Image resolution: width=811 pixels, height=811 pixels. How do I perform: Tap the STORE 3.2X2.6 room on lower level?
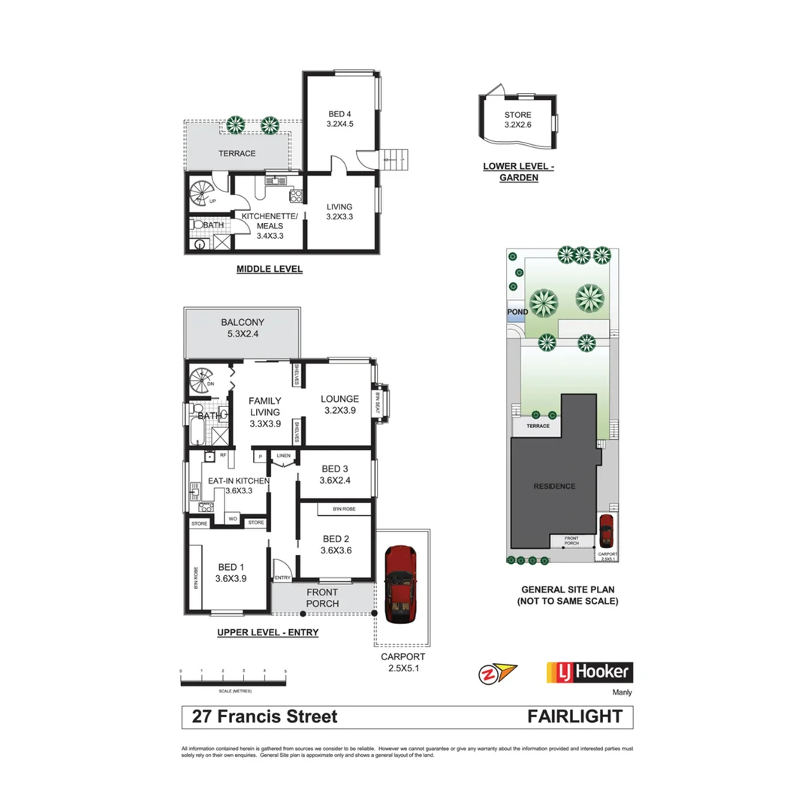[x=518, y=120]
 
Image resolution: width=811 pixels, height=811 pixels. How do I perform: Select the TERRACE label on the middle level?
[x=237, y=153]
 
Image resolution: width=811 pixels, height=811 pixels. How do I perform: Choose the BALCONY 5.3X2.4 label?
[x=243, y=328]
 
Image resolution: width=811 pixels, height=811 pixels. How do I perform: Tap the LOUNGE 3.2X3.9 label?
[x=340, y=405]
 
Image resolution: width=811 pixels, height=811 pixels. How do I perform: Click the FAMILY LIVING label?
[x=264, y=412]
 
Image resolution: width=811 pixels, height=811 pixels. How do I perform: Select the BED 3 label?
[x=336, y=474]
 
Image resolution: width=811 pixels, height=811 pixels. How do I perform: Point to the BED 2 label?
[x=336, y=544]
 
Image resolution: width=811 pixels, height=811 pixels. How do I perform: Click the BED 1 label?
[x=231, y=572]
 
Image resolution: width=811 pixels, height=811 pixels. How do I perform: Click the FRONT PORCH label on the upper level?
[x=322, y=598]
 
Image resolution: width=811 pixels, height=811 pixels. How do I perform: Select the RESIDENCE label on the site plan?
[x=554, y=486]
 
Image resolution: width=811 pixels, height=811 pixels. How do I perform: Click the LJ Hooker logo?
[x=589, y=671]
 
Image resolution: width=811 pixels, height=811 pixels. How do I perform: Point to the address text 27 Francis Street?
[x=265, y=716]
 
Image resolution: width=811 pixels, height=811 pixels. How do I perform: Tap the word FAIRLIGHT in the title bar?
[x=575, y=716]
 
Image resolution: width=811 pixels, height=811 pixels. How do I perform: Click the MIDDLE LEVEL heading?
[x=269, y=269]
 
